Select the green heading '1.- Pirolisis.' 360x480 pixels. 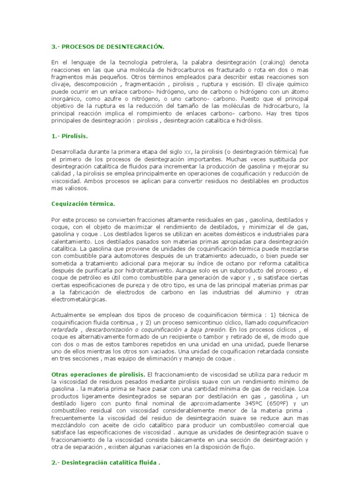click(69, 136)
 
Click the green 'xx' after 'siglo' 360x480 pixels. click(188, 152)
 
